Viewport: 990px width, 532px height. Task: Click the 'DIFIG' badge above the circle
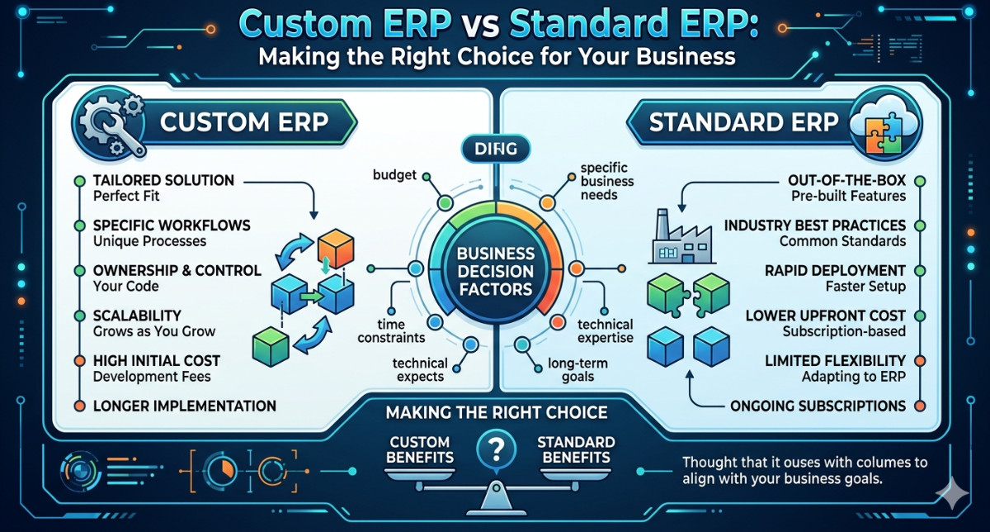pos(495,150)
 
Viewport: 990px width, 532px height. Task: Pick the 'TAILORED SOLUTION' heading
pos(163,180)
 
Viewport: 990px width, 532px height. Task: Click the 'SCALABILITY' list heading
pos(137,316)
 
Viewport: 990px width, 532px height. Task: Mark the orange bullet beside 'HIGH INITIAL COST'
pos(78,361)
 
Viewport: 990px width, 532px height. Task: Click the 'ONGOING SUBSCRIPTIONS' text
pos(818,406)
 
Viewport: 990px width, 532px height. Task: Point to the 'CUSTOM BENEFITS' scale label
pos(422,449)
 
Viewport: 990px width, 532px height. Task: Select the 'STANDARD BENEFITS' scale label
pos(575,449)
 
